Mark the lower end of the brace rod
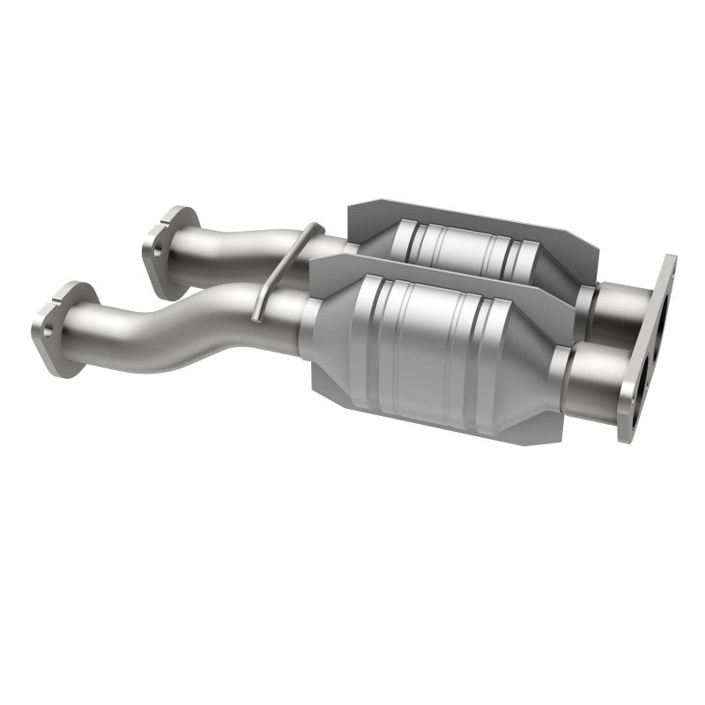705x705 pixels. click(254, 315)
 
